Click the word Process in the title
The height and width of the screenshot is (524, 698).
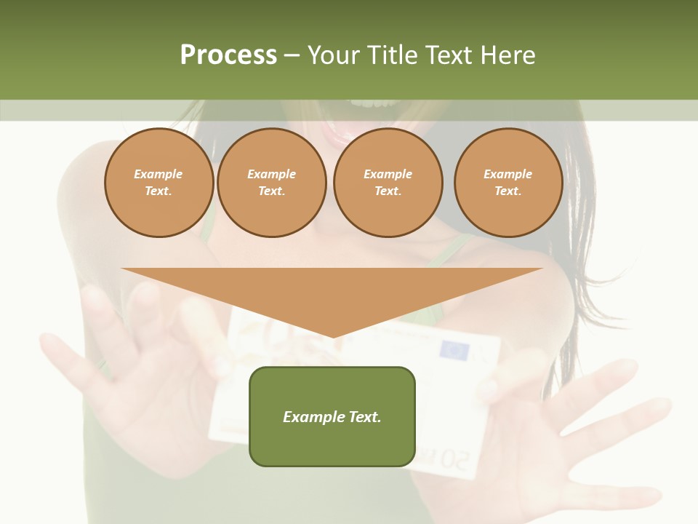(228, 55)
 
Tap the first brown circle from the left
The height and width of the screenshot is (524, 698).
(159, 183)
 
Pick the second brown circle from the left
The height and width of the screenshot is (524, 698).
(272, 183)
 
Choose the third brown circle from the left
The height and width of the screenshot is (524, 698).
(388, 183)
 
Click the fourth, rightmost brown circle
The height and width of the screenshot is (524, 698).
(508, 183)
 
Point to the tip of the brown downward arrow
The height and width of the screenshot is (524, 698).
(332, 336)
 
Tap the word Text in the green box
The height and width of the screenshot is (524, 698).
(366, 417)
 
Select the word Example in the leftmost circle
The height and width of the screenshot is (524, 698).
(159, 175)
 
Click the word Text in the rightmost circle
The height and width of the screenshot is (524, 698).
(508, 191)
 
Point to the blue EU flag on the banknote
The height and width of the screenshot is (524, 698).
(454, 352)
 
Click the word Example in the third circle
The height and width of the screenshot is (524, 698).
(388, 175)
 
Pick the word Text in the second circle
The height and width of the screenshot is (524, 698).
(271, 191)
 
